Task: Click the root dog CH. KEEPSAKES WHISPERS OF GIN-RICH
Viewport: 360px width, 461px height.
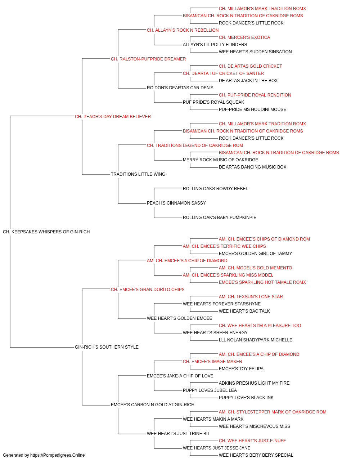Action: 46,232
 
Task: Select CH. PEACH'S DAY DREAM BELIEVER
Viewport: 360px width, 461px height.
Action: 113,117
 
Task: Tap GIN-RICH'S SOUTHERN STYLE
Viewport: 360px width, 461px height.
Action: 107,347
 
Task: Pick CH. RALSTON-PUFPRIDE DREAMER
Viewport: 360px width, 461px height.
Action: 148,59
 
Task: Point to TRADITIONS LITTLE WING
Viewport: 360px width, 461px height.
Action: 138,174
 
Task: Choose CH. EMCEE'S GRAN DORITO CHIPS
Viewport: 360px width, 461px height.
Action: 148,290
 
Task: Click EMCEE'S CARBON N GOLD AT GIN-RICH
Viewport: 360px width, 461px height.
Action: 152,405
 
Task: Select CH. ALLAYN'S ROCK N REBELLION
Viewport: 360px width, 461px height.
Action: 183,30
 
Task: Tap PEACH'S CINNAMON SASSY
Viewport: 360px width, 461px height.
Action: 176,203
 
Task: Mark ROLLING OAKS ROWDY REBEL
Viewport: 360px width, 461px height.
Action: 215,189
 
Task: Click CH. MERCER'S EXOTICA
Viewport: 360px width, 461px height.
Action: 244,37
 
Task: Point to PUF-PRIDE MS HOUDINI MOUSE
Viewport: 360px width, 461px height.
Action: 252,109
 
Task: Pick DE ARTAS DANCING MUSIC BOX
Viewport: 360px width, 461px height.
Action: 252,167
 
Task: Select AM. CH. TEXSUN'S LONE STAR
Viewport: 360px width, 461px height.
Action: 251,297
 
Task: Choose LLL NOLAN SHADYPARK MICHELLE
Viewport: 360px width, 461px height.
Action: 256,340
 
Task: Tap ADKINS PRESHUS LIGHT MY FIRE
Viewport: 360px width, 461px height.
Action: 254,383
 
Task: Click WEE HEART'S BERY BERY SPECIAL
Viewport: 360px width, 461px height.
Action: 256,455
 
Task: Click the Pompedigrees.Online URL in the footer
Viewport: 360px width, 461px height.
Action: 58,455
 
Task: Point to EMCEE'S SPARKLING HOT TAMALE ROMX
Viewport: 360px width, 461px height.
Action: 262,282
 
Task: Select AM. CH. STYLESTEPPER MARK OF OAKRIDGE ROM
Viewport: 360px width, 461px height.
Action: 273,412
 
